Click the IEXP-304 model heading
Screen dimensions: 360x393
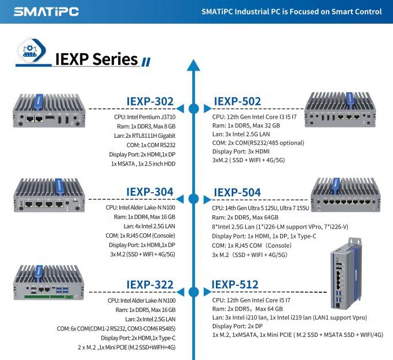click(x=150, y=192)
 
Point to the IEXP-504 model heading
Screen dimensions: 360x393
click(x=237, y=192)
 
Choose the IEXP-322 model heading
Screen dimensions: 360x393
click(x=150, y=284)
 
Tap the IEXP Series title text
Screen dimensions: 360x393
click(x=96, y=59)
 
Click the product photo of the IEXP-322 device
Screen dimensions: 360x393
click(x=50, y=284)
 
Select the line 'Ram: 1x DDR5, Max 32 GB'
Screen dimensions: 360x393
click(x=246, y=125)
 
